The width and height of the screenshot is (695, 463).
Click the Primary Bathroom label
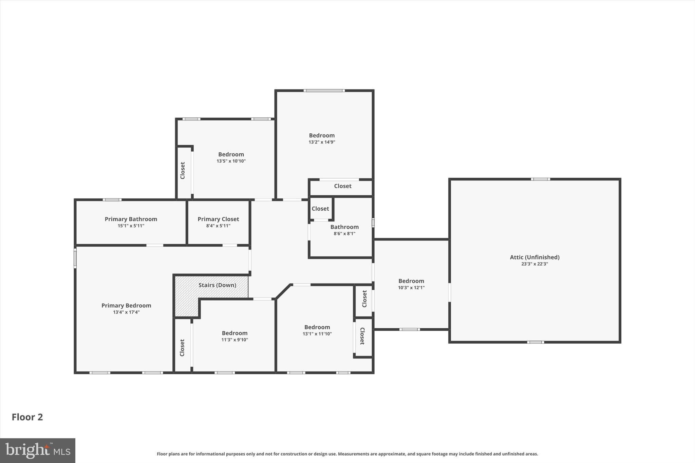(x=131, y=219)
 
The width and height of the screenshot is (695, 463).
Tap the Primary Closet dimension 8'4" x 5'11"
(x=218, y=226)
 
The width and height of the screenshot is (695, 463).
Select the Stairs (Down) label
(x=217, y=285)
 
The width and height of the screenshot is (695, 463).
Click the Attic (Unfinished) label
(x=534, y=257)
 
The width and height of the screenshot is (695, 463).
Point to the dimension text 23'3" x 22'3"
(x=534, y=264)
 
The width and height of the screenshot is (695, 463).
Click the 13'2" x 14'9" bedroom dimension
(x=322, y=142)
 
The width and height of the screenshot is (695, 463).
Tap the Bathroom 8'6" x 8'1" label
(x=344, y=227)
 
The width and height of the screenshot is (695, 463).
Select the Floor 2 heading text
(x=27, y=417)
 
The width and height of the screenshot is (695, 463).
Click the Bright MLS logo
(x=37, y=450)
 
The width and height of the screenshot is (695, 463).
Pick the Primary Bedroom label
(x=126, y=306)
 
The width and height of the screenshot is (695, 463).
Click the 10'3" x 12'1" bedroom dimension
(x=411, y=288)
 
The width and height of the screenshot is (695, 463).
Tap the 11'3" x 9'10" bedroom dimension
(x=234, y=340)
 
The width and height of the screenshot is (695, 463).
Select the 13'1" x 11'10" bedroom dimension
(x=317, y=334)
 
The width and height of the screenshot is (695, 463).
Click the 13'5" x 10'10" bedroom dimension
(x=231, y=161)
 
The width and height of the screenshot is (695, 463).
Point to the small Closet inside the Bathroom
(x=320, y=209)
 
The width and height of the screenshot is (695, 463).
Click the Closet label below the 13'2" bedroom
(x=342, y=186)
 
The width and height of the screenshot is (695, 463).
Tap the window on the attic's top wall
(x=540, y=179)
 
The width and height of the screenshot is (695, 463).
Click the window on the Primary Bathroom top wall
(x=112, y=200)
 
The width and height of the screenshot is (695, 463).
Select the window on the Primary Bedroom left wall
(x=75, y=258)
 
